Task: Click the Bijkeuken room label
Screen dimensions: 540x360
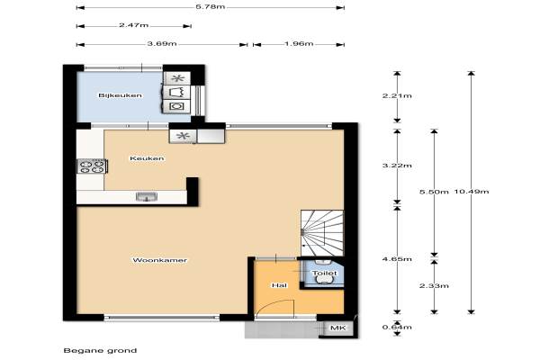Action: click(x=121, y=95)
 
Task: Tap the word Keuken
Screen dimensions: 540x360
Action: click(x=147, y=158)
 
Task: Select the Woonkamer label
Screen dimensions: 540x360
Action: click(x=160, y=260)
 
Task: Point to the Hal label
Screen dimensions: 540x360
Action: click(x=279, y=285)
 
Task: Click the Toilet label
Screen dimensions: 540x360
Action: click(x=324, y=274)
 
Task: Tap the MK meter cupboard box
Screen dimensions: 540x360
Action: click(x=337, y=328)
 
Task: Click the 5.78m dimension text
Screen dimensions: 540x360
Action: click(x=211, y=6)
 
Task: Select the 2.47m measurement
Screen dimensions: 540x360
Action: click(x=133, y=25)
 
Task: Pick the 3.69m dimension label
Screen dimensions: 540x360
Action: click(x=162, y=44)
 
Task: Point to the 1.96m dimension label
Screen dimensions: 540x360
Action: click(x=299, y=44)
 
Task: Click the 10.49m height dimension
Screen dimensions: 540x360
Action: click(x=472, y=192)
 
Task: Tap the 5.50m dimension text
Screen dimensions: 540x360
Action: click(x=434, y=192)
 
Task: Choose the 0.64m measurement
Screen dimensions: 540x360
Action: click(x=397, y=327)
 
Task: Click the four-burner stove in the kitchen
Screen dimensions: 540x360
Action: click(x=93, y=166)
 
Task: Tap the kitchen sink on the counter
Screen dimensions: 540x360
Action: click(x=147, y=197)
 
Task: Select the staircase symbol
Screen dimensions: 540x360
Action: click(x=322, y=233)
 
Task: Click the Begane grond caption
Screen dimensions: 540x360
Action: click(x=100, y=351)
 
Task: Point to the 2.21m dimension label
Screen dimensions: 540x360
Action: click(x=397, y=95)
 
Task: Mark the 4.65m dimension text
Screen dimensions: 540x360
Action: click(x=397, y=258)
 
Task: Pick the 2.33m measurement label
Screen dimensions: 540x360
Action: click(x=434, y=285)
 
